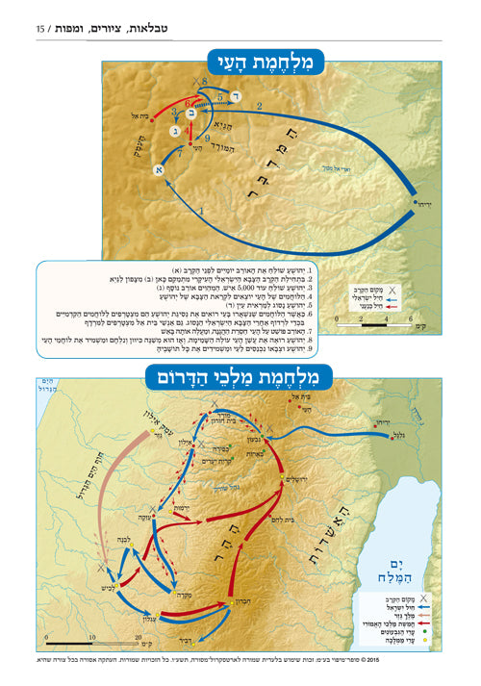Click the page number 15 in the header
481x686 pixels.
(x=41, y=30)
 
